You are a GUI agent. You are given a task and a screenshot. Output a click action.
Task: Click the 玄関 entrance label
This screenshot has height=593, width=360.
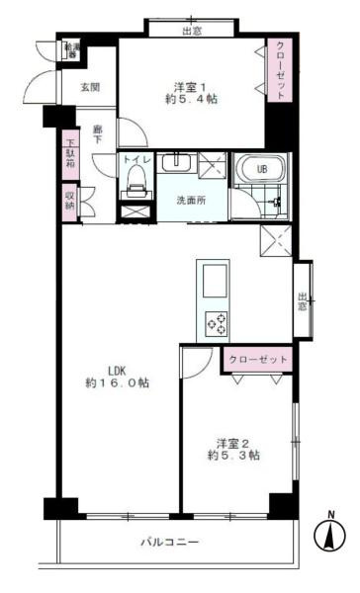click(x=90, y=87)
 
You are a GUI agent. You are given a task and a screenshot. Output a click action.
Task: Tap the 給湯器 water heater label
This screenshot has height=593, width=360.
click(x=72, y=49)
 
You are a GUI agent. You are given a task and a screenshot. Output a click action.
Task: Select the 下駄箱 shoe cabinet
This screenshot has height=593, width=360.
click(x=69, y=156)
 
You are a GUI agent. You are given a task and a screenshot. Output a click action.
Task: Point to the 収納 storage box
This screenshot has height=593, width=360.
click(x=69, y=202)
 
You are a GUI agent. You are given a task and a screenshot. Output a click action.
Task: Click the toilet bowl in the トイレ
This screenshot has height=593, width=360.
click(x=136, y=179)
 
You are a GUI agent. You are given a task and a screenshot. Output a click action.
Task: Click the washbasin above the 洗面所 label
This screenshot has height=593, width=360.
click(x=179, y=164)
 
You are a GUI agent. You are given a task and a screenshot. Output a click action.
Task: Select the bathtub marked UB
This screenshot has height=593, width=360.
click(x=261, y=169)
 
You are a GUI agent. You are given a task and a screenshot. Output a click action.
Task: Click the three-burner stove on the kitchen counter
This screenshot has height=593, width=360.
click(x=216, y=322)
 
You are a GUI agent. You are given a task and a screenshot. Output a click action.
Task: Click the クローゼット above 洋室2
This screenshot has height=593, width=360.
click(x=257, y=359)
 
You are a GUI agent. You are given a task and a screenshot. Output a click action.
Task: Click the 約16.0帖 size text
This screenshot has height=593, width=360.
click(x=117, y=382)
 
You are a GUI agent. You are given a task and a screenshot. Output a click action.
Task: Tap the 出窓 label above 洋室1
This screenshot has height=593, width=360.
click(x=192, y=30)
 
